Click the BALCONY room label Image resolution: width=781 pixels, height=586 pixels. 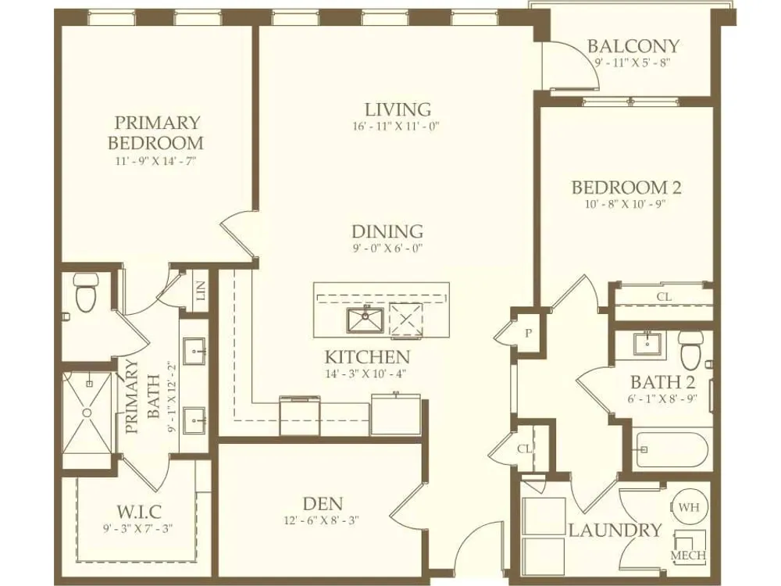(633, 46)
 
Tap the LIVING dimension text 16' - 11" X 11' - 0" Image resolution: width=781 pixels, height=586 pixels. (396, 126)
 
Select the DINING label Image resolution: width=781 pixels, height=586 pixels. (387, 231)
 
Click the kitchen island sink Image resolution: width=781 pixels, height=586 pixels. (365, 320)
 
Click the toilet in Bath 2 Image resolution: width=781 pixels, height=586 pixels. (691, 348)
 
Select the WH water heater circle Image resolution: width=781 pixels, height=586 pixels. (689, 507)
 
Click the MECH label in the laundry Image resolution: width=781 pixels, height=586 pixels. (688, 556)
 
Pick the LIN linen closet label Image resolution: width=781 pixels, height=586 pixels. (201, 291)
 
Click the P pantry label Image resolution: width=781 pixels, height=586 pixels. (529, 334)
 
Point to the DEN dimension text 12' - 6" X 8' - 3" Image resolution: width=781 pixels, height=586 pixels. (322, 520)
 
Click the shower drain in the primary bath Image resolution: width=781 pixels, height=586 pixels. (87, 413)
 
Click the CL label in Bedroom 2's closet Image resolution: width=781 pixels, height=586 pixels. (664, 296)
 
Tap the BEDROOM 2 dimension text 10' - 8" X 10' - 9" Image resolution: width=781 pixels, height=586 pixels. (626, 204)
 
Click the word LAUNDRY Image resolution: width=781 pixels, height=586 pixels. (615, 531)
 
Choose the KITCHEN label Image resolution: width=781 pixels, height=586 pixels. (368, 357)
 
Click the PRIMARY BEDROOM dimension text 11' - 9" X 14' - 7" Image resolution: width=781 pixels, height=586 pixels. (155, 161)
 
